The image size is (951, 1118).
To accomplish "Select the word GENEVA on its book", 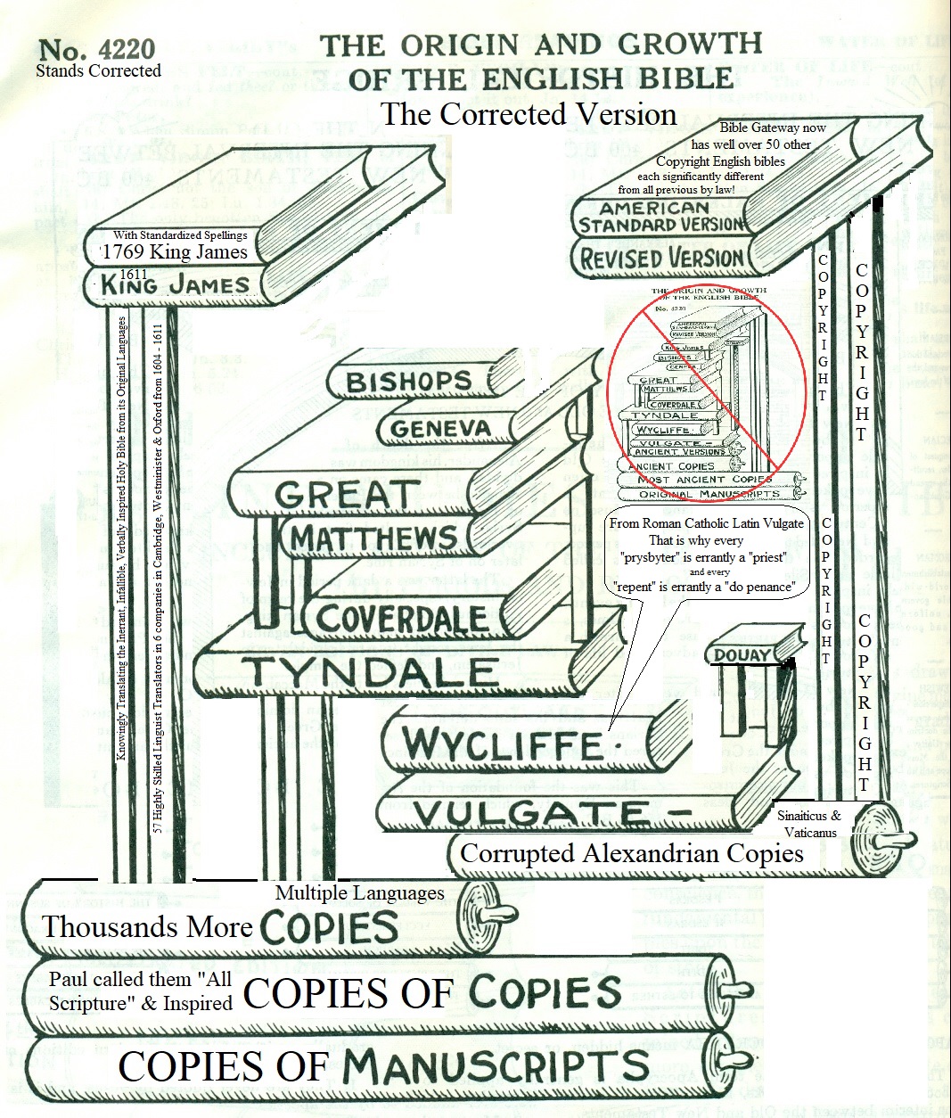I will tap(440, 429).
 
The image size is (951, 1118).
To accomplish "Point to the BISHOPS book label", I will tap(408, 382).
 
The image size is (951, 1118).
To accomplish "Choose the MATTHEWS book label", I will tap(373, 538).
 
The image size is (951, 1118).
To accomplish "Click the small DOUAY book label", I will tap(741, 656).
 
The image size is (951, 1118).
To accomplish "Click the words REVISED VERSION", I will tap(661, 259).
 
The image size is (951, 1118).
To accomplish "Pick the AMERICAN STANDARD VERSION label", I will tap(660, 218).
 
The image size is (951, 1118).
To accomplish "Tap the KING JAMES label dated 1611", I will tap(175, 285).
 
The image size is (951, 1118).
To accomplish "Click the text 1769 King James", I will tap(175, 251).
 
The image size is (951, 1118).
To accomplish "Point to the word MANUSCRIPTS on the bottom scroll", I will tap(496, 1066).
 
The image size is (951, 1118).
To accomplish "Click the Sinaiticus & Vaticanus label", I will tap(809, 824).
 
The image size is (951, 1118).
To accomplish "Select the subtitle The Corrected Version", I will tap(529, 114).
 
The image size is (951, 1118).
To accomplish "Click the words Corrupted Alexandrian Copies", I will tap(632, 853).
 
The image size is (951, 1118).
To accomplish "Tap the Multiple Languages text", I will tap(359, 892).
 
